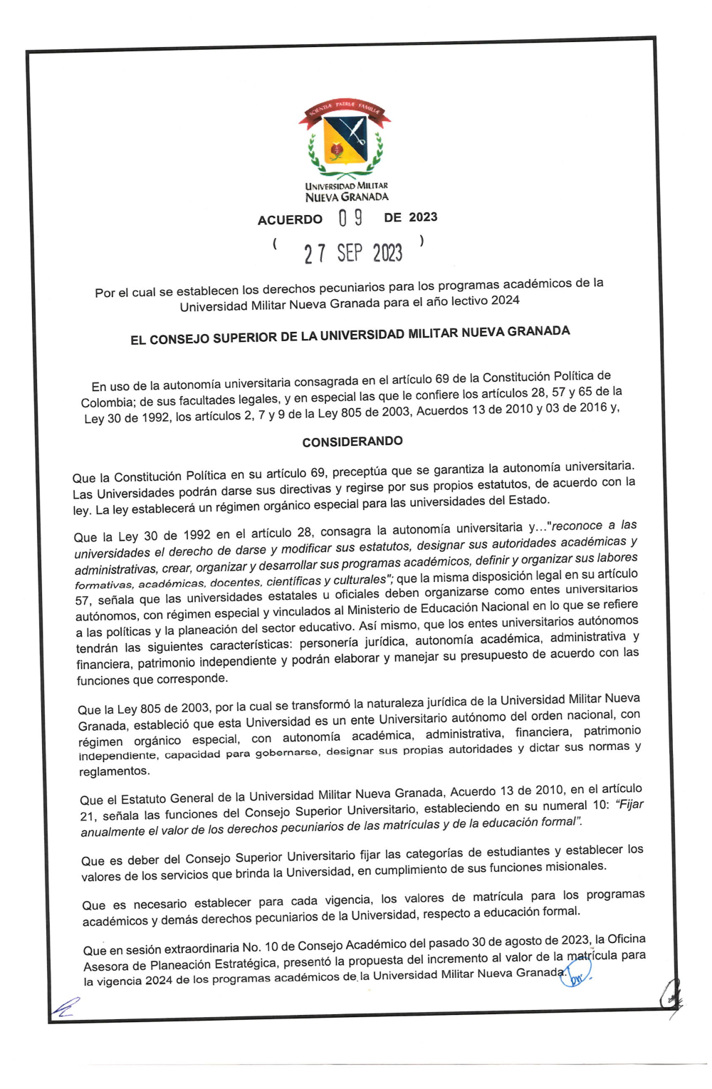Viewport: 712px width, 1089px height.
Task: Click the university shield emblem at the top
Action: [345, 140]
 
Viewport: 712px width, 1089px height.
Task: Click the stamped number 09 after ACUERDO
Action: [350, 218]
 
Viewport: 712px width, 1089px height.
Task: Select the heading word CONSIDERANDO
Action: [352, 442]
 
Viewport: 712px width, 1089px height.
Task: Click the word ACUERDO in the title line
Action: [290, 220]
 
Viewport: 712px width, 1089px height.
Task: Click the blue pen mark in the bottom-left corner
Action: [65, 1006]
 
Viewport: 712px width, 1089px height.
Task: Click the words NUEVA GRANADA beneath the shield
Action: [347, 197]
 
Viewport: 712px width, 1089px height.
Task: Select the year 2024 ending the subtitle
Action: [505, 300]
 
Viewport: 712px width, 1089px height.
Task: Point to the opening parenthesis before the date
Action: [275, 244]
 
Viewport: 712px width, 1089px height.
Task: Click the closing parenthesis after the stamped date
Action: [422, 241]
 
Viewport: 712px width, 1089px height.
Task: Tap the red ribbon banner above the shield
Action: [345, 110]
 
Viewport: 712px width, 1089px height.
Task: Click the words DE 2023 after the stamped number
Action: [411, 217]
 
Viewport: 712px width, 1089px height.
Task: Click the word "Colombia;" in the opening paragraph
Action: [107, 402]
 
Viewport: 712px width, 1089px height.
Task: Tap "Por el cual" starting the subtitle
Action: [125, 292]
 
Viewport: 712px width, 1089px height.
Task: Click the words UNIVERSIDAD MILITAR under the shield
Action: [347, 186]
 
